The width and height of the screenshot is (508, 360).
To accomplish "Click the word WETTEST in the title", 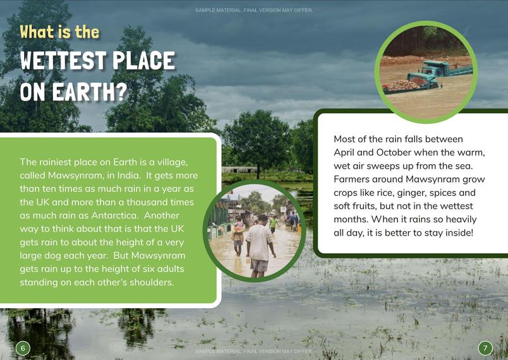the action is pos(63,61).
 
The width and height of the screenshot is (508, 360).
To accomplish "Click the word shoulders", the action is pos(152,282).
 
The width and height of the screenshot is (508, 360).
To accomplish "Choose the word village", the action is pos(172,162).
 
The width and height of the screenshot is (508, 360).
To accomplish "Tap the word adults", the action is pos(171,268).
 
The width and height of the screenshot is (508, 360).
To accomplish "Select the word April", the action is pos(344,152).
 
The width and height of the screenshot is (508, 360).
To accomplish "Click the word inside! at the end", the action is pos(459,233).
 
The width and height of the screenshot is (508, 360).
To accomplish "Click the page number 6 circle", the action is pos(23,349).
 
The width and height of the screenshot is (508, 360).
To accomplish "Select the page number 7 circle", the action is pos(485,349).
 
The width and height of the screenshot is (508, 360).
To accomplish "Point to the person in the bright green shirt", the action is pos(274,224).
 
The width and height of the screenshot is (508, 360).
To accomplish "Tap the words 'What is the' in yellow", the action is pos(59,32).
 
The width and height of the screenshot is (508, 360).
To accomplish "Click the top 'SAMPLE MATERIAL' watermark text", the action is pos(254,10).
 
